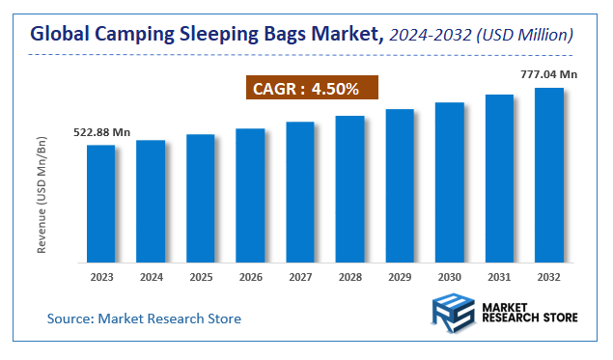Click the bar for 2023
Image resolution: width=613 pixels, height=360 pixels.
(x=101, y=204)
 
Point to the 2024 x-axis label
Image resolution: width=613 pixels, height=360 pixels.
(x=151, y=277)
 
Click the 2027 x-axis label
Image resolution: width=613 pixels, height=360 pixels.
(x=300, y=277)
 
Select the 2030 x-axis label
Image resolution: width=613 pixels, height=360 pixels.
(x=450, y=277)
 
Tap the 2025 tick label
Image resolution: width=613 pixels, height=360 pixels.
(x=201, y=277)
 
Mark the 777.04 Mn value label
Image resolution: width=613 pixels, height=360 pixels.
(x=549, y=73)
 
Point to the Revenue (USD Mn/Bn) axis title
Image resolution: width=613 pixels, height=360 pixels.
(x=42, y=196)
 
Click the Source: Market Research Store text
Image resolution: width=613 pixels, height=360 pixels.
(x=145, y=318)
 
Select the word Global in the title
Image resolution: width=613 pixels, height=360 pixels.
(x=60, y=35)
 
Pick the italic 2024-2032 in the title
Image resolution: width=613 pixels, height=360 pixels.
(x=431, y=35)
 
